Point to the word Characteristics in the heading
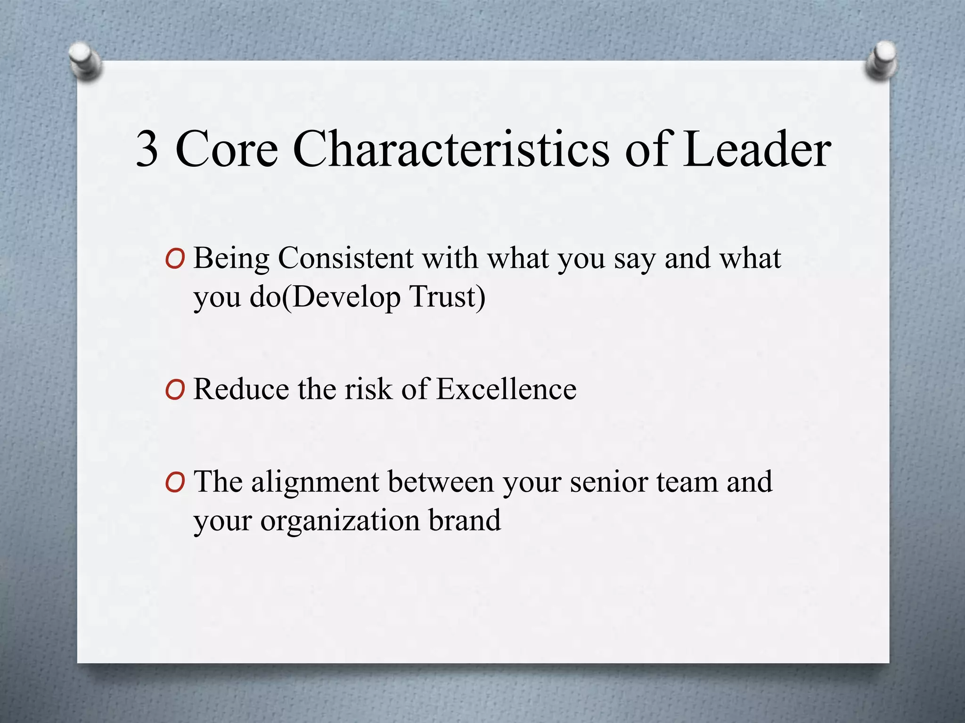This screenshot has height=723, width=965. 451,149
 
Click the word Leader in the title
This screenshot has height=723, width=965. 757,149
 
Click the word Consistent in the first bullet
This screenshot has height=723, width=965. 345,258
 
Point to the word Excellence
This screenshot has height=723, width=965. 506,389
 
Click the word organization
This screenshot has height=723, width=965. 340,521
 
